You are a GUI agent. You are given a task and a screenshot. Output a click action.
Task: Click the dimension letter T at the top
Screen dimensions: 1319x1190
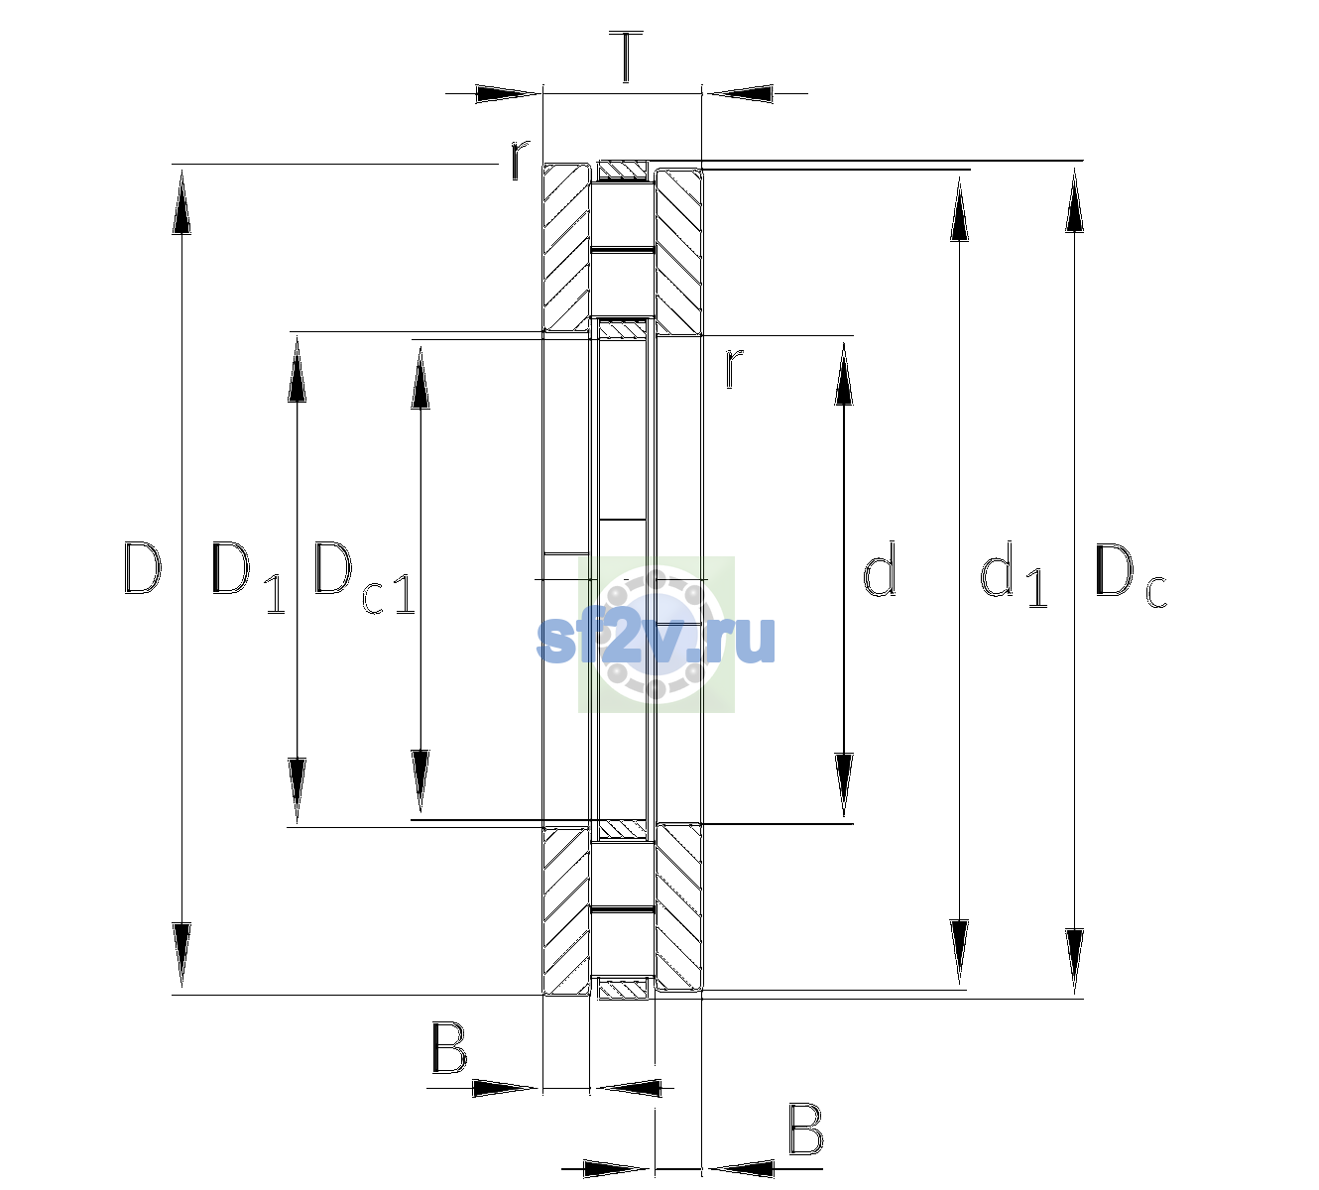(x=626, y=57)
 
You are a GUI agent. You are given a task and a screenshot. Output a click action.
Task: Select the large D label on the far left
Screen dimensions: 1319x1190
(x=142, y=568)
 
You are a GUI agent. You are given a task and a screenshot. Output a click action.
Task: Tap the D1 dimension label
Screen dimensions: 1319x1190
(x=248, y=577)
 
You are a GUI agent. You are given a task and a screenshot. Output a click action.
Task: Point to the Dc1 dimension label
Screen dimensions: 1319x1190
(x=364, y=577)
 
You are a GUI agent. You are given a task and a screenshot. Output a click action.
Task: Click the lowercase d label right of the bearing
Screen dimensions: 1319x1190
(x=879, y=568)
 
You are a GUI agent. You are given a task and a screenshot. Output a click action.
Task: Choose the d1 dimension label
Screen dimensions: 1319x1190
(x=1013, y=573)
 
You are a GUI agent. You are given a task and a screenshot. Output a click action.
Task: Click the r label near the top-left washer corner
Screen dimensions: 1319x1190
(x=519, y=161)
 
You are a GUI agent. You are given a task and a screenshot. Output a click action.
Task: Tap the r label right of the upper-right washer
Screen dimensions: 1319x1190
(x=733, y=368)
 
